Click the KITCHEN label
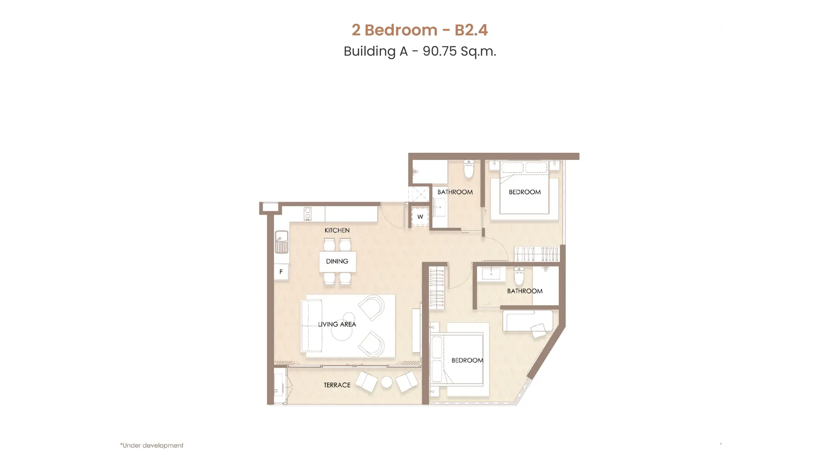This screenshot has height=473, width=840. [337, 230]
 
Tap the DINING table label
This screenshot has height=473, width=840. [337, 261]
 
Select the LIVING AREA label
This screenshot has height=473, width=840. [337, 325]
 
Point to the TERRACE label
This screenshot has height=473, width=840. [337, 385]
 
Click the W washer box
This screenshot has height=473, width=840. [420, 217]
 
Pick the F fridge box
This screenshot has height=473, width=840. [281, 272]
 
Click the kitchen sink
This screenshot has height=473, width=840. [281, 242]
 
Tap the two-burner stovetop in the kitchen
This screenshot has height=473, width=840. [308, 214]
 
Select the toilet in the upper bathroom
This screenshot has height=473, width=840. [469, 169]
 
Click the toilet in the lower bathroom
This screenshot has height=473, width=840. [519, 276]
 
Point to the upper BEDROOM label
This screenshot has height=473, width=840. [525, 192]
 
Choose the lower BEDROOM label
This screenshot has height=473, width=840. [467, 360]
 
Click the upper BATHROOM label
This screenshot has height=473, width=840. [455, 192]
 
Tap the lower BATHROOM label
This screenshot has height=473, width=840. [525, 291]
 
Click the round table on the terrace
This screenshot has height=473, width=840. [387, 382]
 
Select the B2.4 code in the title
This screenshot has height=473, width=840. [471, 30]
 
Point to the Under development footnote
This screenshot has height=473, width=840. [152, 445]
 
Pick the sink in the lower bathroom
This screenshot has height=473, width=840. [491, 274]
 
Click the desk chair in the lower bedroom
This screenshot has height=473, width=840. [538, 330]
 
